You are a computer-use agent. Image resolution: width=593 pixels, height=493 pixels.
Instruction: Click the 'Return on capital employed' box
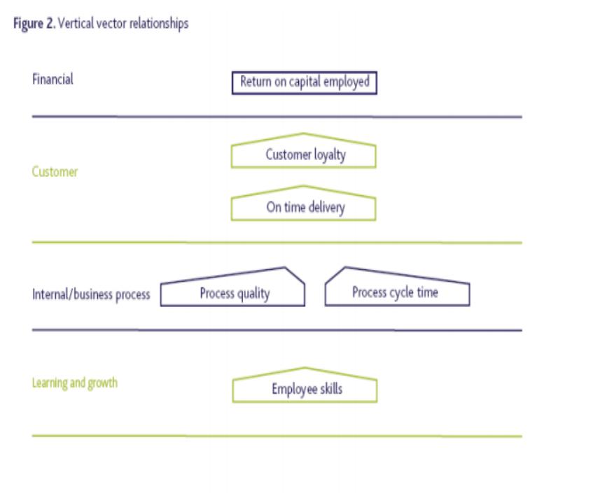(305, 83)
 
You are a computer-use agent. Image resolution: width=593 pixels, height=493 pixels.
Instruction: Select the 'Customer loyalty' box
(304, 150)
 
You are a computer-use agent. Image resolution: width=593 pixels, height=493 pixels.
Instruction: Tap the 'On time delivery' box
(304, 203)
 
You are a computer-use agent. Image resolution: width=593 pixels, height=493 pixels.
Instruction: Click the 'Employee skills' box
(305, 385)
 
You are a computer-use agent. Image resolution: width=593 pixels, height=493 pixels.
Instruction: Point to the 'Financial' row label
(53, 79)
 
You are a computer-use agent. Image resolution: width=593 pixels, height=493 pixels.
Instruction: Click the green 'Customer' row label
(55, 172)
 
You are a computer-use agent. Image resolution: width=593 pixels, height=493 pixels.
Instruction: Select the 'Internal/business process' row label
(91, 294)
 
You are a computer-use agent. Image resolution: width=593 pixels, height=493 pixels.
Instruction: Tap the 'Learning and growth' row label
(75, 383)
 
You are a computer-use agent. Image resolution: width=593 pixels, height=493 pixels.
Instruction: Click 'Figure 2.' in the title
(34, 24)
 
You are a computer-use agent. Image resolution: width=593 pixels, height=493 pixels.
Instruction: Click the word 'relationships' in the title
(159, 24)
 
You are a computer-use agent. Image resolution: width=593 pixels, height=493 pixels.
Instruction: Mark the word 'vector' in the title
(112, 24)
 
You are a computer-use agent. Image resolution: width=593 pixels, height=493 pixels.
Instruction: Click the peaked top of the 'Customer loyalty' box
(303, 134)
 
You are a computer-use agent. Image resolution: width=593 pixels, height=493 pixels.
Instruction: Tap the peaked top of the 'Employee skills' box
(305, 368)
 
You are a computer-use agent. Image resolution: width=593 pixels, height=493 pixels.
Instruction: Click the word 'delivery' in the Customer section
(327, 208)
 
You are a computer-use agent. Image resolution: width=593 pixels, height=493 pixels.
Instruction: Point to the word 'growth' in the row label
(102, 384)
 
